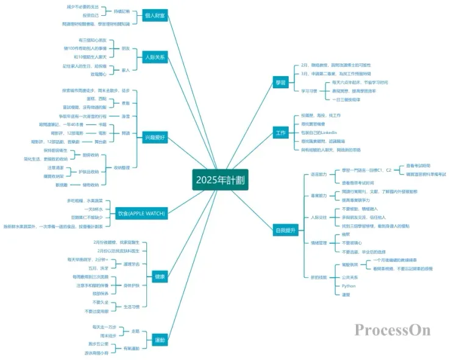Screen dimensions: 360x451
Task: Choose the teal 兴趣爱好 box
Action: click(x=155, y=137)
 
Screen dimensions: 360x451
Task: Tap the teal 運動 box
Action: click(x=160, y=339)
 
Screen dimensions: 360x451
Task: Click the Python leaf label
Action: click(x=349, y=285)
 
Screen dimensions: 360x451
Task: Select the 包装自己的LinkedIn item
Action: click(x=319, y=132)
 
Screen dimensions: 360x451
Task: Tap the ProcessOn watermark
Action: click(x=392, y=330)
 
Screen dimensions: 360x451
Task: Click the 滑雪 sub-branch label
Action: click(x=126, y=116)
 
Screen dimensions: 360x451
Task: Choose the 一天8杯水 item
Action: click(x=85, y=208)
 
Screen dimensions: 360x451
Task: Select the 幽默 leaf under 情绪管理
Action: click(x=346, y=234)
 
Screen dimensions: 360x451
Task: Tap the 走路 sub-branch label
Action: click(x=136, y=331)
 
